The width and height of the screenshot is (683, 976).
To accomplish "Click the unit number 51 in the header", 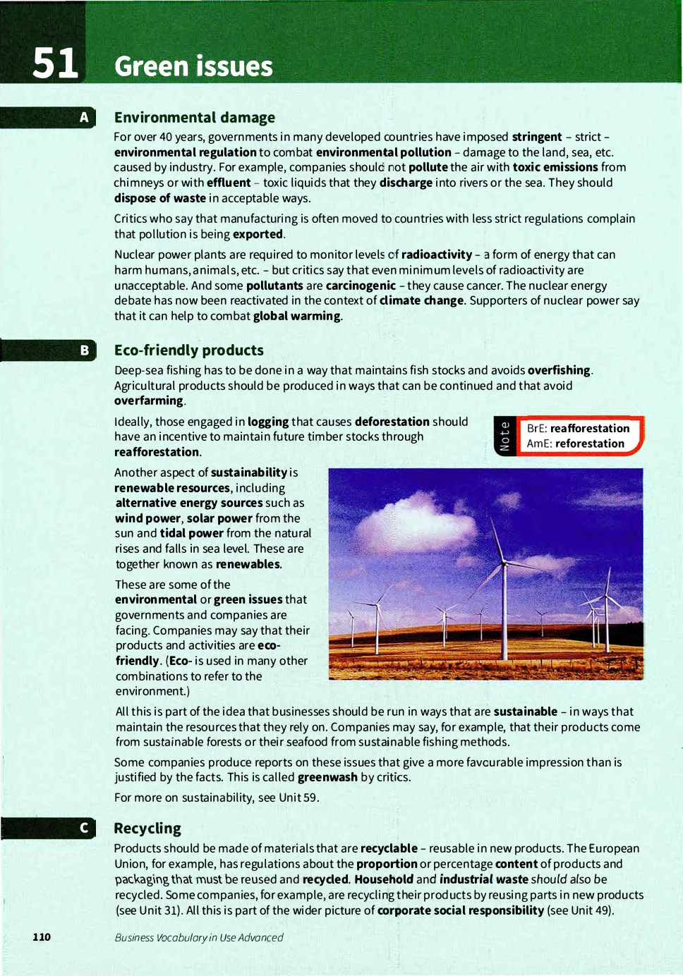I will [x=54, y=63].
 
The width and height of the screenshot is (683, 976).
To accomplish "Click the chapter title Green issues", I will [x=193, y=66].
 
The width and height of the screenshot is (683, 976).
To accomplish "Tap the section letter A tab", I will [x=84, y=117].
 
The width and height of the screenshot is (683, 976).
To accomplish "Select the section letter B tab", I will [x=84, y=350].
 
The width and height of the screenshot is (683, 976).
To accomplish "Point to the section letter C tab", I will [x=84, y=827].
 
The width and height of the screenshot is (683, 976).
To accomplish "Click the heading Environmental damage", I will [x=195, y=117].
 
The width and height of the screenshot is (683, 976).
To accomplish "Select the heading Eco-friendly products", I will [x=189, y=350].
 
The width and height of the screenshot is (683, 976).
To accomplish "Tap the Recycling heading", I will [x=147, y=828].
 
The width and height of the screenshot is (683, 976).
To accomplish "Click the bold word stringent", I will [x=536, y=137].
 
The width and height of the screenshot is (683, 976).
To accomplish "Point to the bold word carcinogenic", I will [x=361, y=286].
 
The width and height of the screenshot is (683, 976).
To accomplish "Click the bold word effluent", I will [x=229, y=183].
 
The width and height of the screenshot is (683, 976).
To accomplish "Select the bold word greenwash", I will [x=327, y=777].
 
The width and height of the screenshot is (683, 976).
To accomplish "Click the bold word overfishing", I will [x=559, y=370].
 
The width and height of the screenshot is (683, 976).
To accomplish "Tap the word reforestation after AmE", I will [x=590, y=444].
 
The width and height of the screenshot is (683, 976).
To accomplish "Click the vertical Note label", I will [x=504, y=436].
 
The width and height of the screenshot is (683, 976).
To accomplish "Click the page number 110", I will [x=42, y=937].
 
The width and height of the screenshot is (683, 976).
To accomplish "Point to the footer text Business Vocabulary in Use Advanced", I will [x=199, y=937].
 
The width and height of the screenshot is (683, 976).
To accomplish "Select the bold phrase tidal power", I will [x=191, y=533].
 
